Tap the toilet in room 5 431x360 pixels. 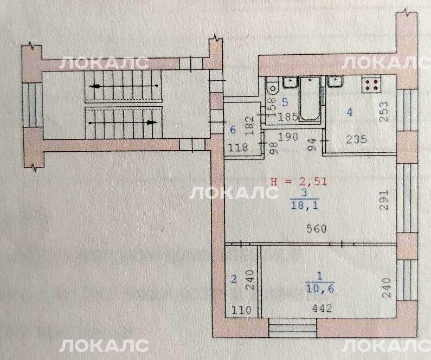pyautogui.click(x=272, y=86)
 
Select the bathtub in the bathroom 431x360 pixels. pyautogui.click(x=310, y=98)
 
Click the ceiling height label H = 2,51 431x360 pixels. pyautogui.click(x=299, y=182)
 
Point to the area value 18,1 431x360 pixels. pyautogui.click(x=304, y=205)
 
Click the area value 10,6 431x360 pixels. pyautogui.click(x=320, y=288)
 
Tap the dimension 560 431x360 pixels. pyautogui.click(x=316, y=228)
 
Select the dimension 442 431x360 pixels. pyautogui.click(x=322, y=308)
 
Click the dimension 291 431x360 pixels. pyautogui.click(x=384, y=200)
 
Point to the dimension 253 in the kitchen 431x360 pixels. pyautogui.click(x=384, y=112)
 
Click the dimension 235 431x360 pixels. pyautogui.click(x=356, y=139)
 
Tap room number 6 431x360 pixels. pyautogui.click(x=233, y=130)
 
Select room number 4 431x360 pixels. pyautogui.click(x=349, y=112)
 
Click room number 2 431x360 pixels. pyautogui.click(x=234, y=279)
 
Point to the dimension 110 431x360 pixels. pyautogui.click(x=241, y=310)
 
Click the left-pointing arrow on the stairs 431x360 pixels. pyautogui.click(x=124, y=86)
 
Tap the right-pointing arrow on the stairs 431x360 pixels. pyautogui.click(x=124, y=123)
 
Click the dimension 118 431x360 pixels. pyautogui.click(x=238, y=148)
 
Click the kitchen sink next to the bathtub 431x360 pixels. pyautogui.click(x=334, y=82)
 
